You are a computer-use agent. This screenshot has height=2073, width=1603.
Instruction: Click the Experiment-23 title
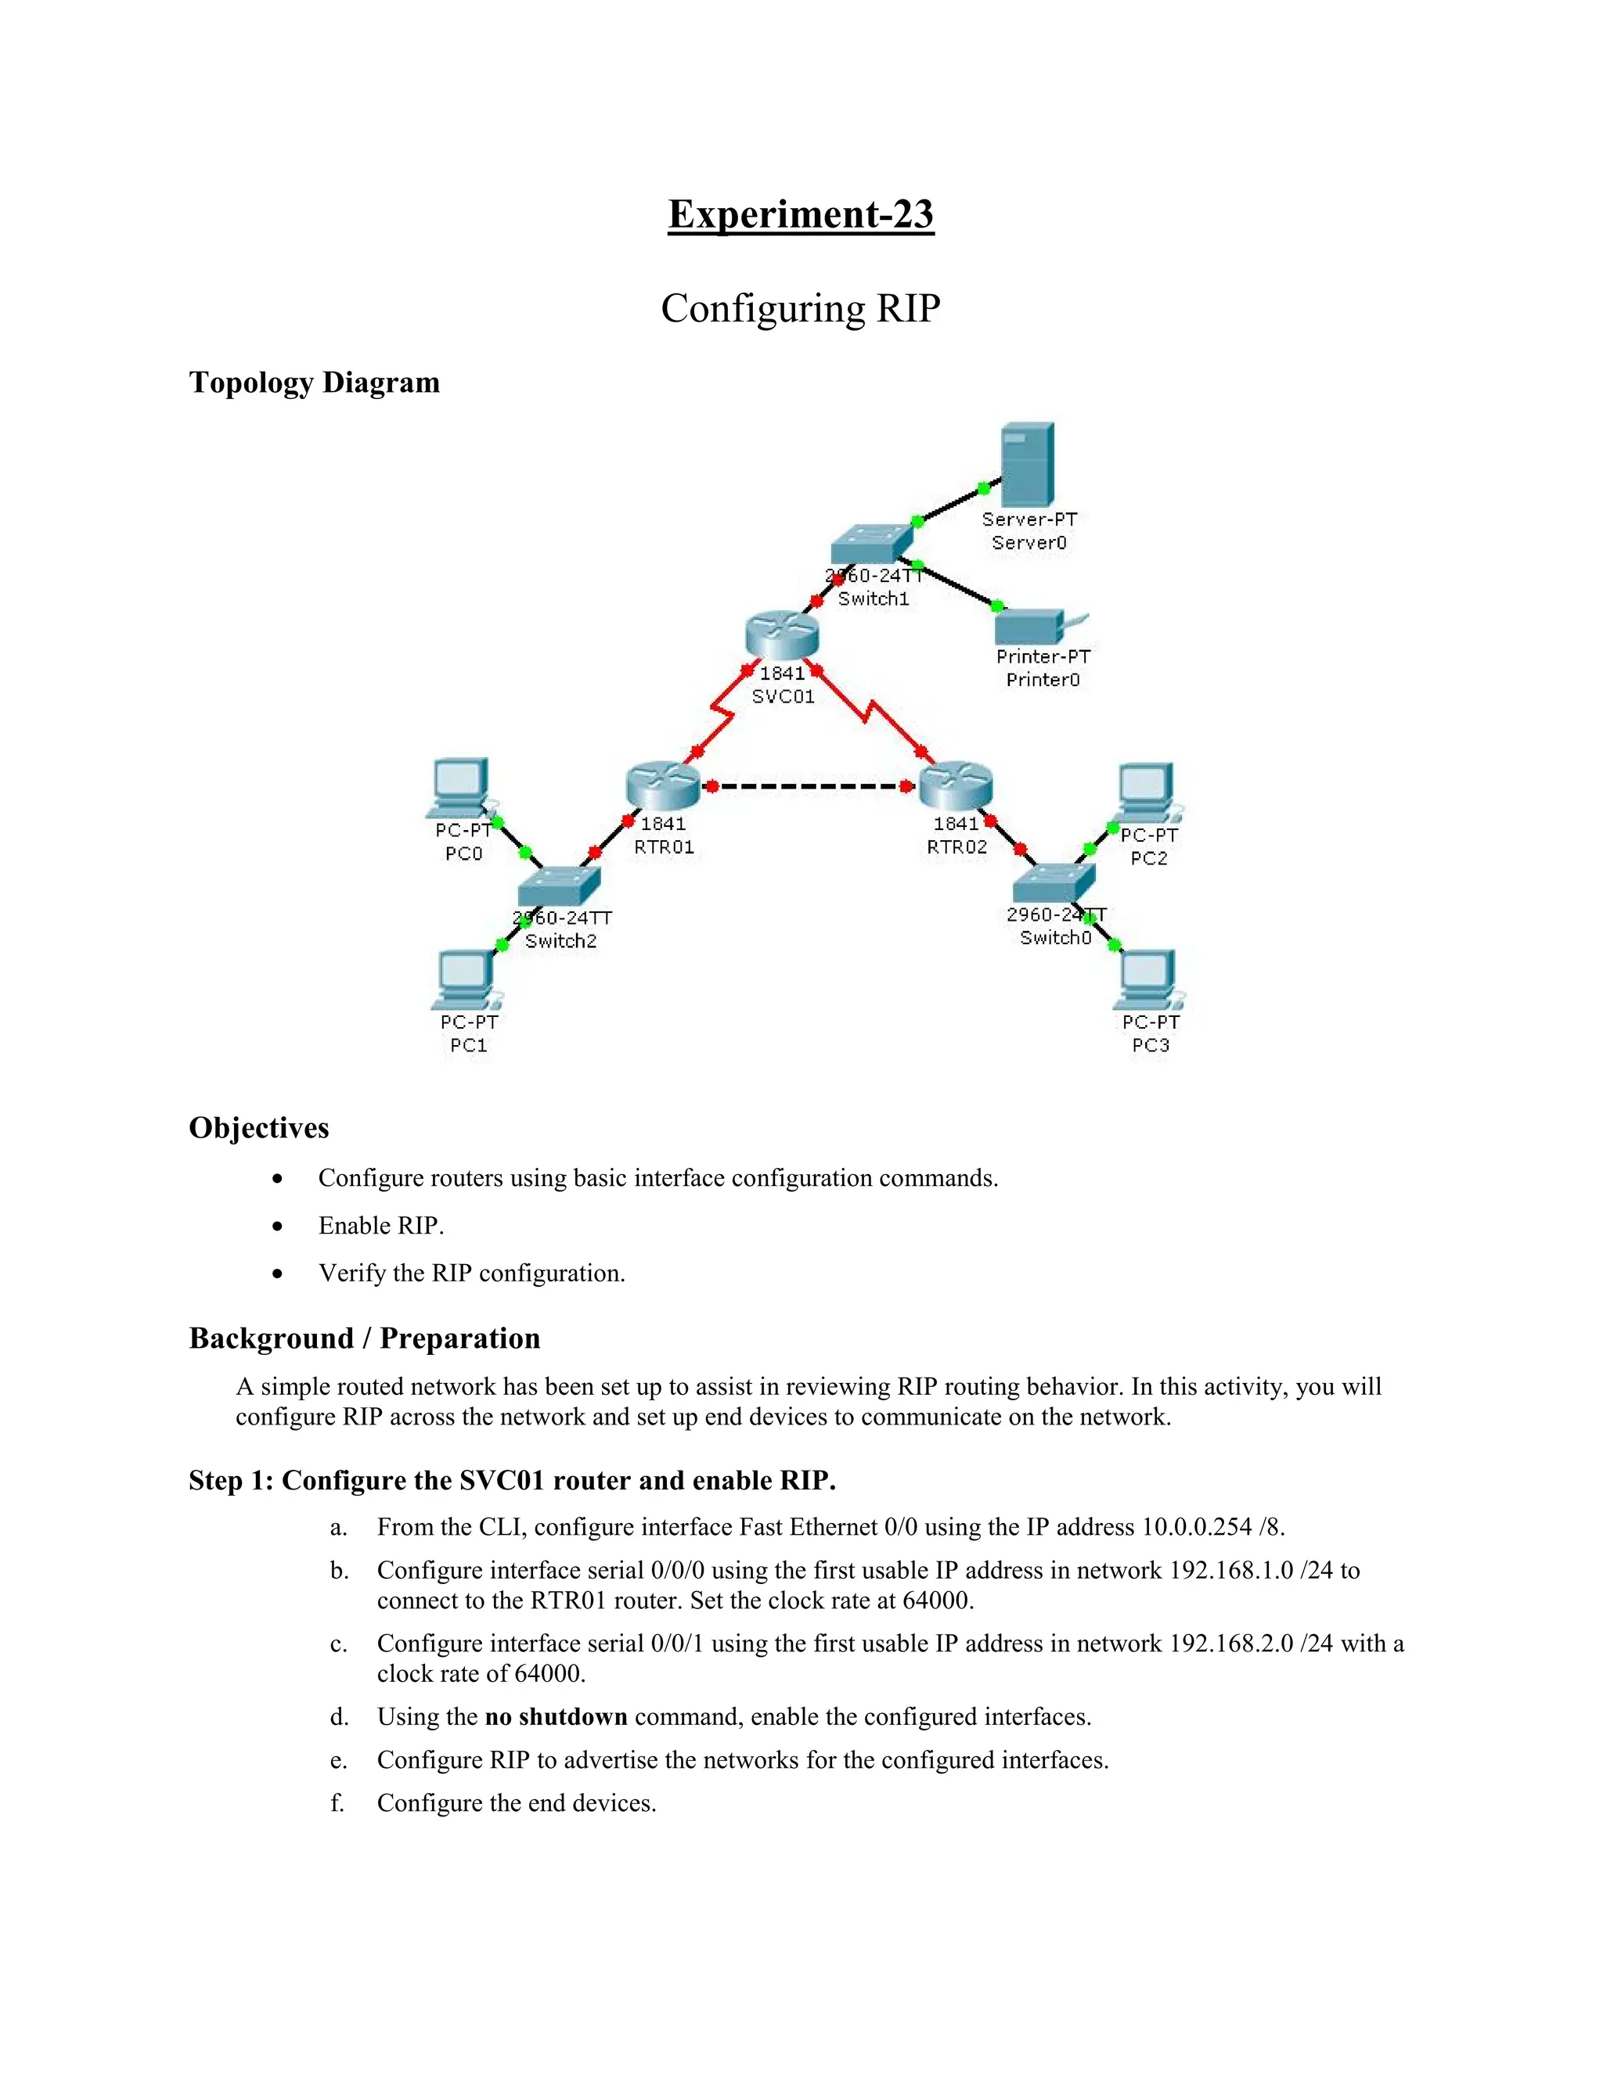click(x=801, y=214)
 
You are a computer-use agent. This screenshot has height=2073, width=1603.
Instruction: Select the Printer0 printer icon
click(x=1033, y=627)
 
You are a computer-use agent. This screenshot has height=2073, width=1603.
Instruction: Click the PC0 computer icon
click(x=460, y=787)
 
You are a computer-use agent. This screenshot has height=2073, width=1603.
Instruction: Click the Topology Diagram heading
click(x=315, y=383)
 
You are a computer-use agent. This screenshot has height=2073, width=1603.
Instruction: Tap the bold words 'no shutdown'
click(x=556, y=1717)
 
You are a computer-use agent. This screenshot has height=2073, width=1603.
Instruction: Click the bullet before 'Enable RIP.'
click(x=277, y=1227)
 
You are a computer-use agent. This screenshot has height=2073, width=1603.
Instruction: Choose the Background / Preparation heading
click(x=365, y=1338)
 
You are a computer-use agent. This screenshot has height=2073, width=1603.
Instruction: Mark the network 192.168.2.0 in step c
click(x=1230, y=1644)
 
